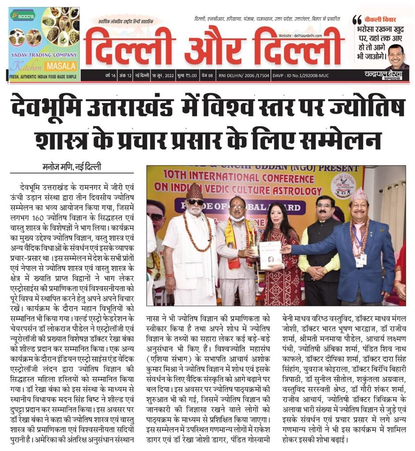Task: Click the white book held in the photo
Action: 270,255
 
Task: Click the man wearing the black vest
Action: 324,251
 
